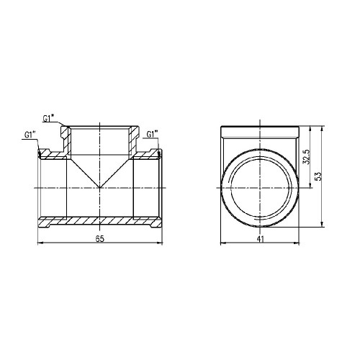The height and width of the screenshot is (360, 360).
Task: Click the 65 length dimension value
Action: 100,239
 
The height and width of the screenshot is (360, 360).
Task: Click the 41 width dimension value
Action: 260,239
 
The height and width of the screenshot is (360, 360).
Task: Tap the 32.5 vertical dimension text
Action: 307,156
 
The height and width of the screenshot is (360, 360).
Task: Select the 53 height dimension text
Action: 318,176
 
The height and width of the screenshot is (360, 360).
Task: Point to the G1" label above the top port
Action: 48,119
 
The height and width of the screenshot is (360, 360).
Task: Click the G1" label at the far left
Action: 30,135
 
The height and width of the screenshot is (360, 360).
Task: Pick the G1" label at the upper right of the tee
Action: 152,135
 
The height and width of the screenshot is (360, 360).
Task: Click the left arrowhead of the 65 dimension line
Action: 40,243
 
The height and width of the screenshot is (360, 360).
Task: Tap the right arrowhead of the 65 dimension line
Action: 160,243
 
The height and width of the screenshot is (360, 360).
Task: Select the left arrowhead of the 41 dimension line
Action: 223,243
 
